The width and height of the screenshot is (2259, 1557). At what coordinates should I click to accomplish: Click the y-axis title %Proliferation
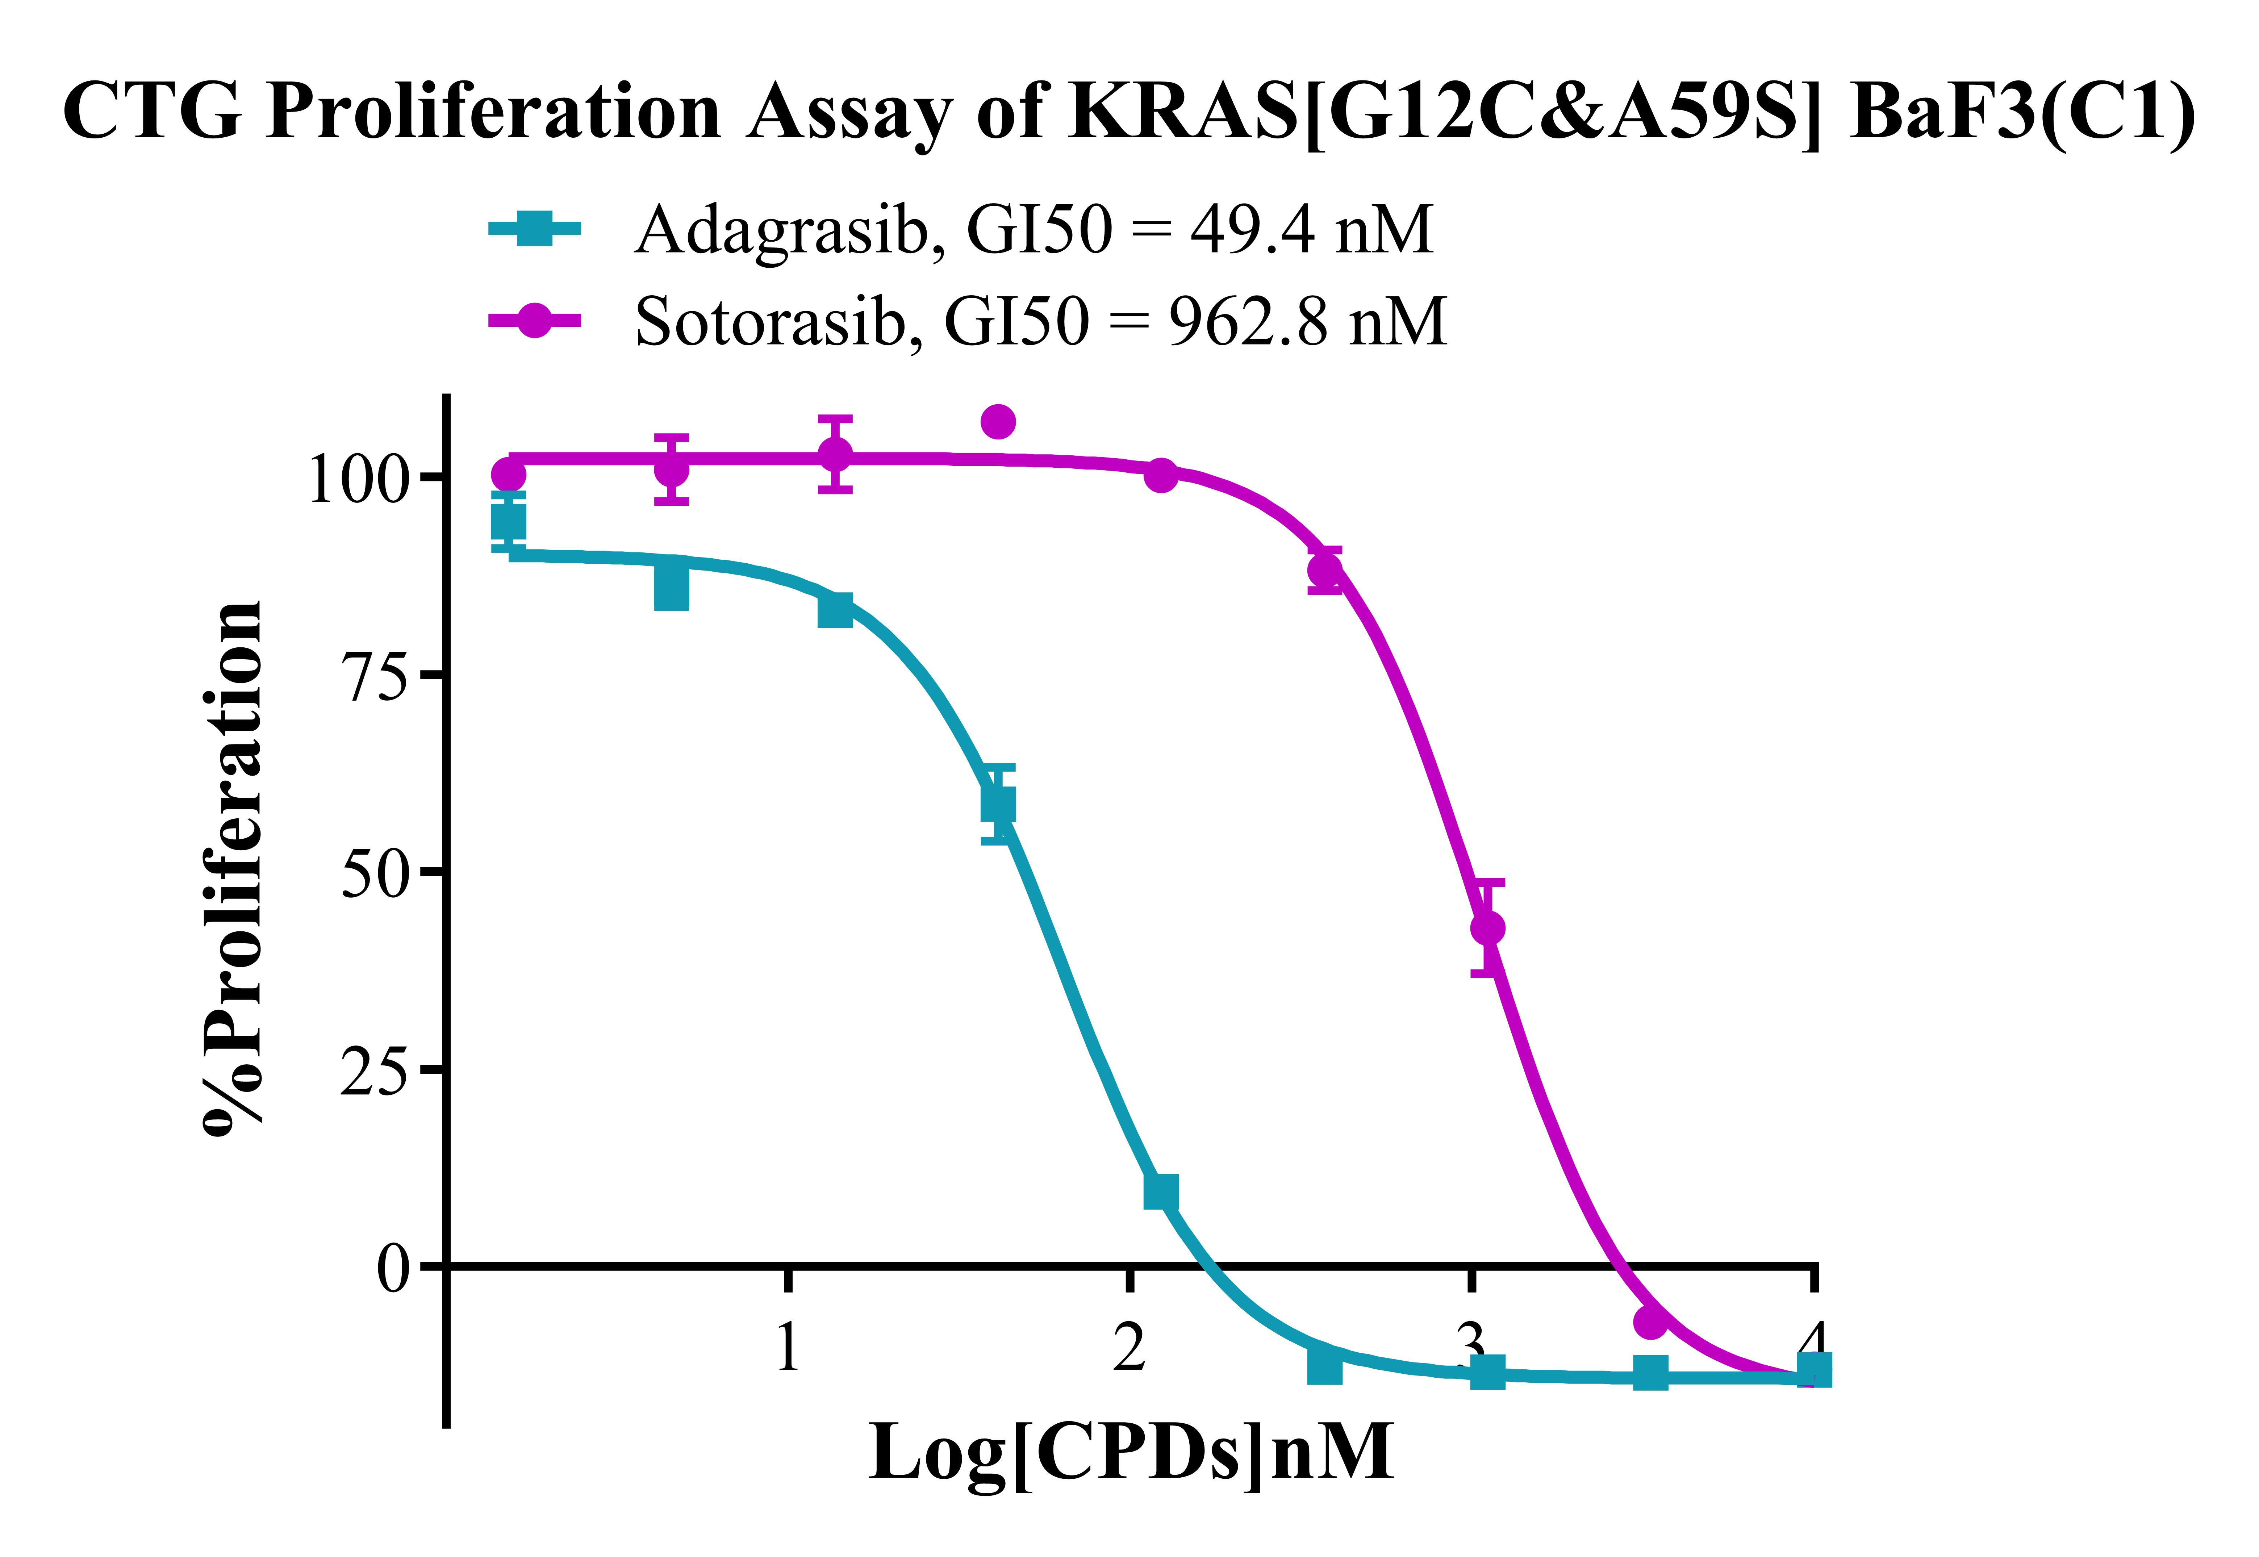pyautogui.click(x=234, y=868)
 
